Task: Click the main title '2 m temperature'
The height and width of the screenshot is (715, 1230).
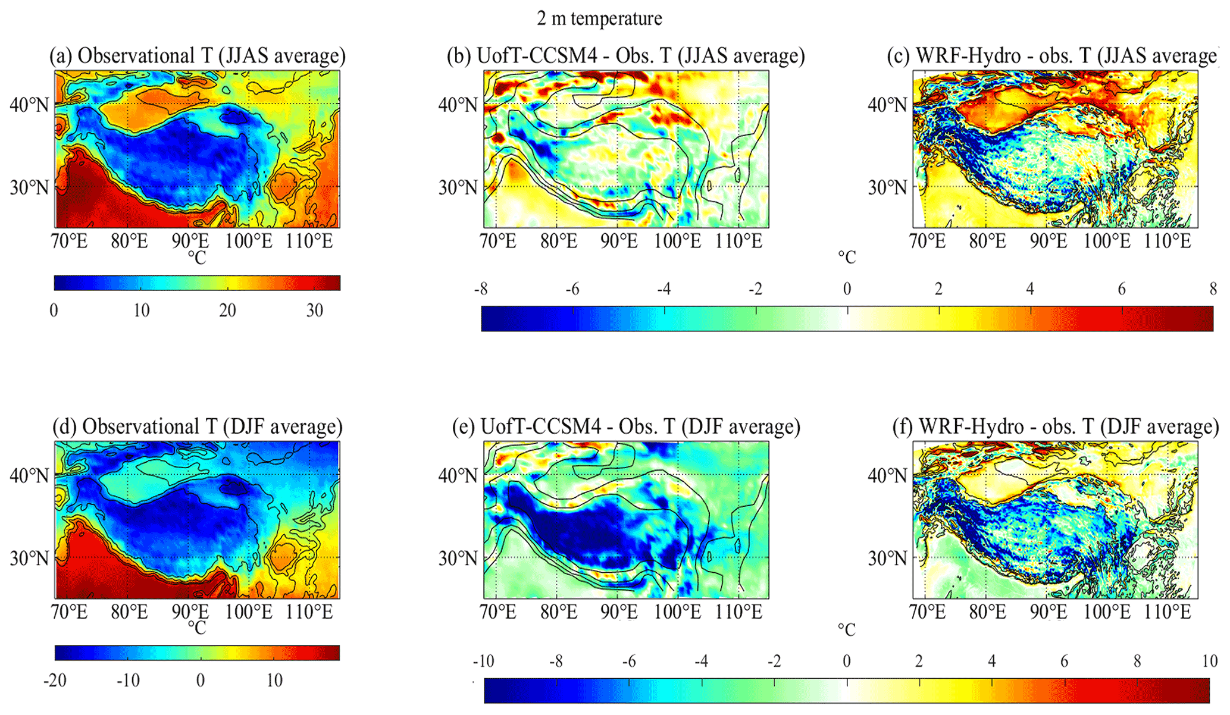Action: pos(599,18)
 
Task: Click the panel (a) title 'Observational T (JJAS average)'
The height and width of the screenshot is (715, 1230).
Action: pos(198,56)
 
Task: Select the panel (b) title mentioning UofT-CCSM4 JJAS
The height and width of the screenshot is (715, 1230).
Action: pos(626,56)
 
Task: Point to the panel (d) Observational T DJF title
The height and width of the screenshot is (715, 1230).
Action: pos(198,427)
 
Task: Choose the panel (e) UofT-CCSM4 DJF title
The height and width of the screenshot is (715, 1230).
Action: pos(626,427)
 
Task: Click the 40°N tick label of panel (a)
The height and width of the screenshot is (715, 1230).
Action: pos(29,105)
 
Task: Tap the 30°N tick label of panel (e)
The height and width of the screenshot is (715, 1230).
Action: pos(458,559)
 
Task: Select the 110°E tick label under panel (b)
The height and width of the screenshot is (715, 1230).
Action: pos(740,242)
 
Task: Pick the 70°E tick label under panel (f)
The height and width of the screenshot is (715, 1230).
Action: pos(928,612)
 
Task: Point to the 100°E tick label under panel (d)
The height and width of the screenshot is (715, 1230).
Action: pos(249,612)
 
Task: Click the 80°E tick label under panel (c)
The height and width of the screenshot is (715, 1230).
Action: pos(987,242)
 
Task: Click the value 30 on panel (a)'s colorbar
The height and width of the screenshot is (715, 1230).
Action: pos(314,310)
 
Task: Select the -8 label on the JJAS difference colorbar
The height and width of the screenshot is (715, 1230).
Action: pos(481,289)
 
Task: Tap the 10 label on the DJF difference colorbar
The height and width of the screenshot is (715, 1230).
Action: pos(1209,661)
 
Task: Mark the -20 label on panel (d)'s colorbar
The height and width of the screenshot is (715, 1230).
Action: pos(55,680)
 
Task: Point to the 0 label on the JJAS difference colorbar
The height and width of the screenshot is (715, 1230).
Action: pos(847,289)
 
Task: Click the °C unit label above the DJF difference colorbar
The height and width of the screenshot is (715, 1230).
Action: pos(847,629)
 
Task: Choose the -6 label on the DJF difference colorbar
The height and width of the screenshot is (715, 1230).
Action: pos(628,661)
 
